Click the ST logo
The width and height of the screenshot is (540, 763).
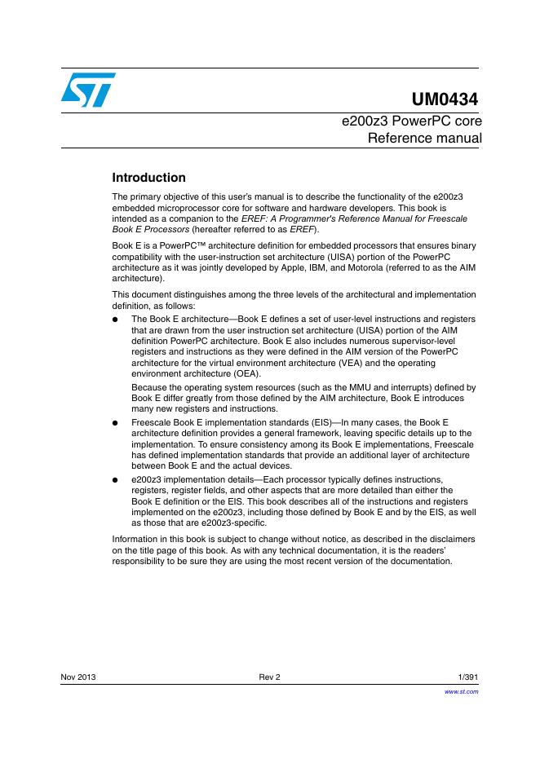(87, 89)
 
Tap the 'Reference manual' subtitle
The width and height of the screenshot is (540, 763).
(424, 138)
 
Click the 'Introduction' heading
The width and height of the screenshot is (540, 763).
(148, 178)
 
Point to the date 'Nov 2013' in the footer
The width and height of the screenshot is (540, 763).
(78, 677)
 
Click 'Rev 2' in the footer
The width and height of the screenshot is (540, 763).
(269, 677)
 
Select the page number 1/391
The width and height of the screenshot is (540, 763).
(464, 677)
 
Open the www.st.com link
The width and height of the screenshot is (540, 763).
(461, 691)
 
